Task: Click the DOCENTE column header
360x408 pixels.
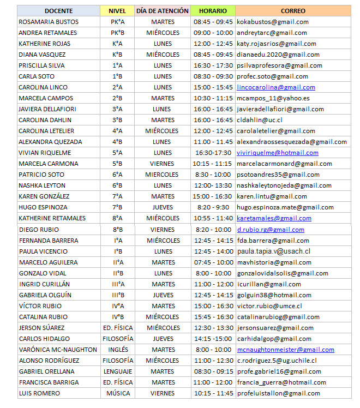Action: (58, 11)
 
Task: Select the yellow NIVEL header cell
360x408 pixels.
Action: (117, 11)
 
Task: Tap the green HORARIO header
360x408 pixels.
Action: (213, 11)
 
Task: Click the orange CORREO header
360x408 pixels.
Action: (293, 11)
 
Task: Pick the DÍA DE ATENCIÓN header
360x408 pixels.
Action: (163, 11)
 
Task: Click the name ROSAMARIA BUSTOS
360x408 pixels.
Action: (49, 22)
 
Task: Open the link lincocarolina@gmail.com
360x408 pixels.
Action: (275, 87)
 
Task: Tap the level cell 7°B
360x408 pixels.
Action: (117, 207)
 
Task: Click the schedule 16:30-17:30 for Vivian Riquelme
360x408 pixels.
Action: (213, 153)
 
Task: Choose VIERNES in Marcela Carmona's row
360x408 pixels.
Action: (163, 164)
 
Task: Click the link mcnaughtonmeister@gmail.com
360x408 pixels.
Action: (285, 350)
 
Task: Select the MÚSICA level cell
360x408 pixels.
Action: (117, 393)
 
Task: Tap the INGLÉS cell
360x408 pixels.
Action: (117, 350)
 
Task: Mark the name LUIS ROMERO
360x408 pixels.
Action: (39, 393)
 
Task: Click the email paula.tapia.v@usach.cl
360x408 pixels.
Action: (273, 251)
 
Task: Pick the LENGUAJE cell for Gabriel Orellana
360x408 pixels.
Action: (117, 371)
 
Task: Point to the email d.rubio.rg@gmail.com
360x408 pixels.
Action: (271, 230)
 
